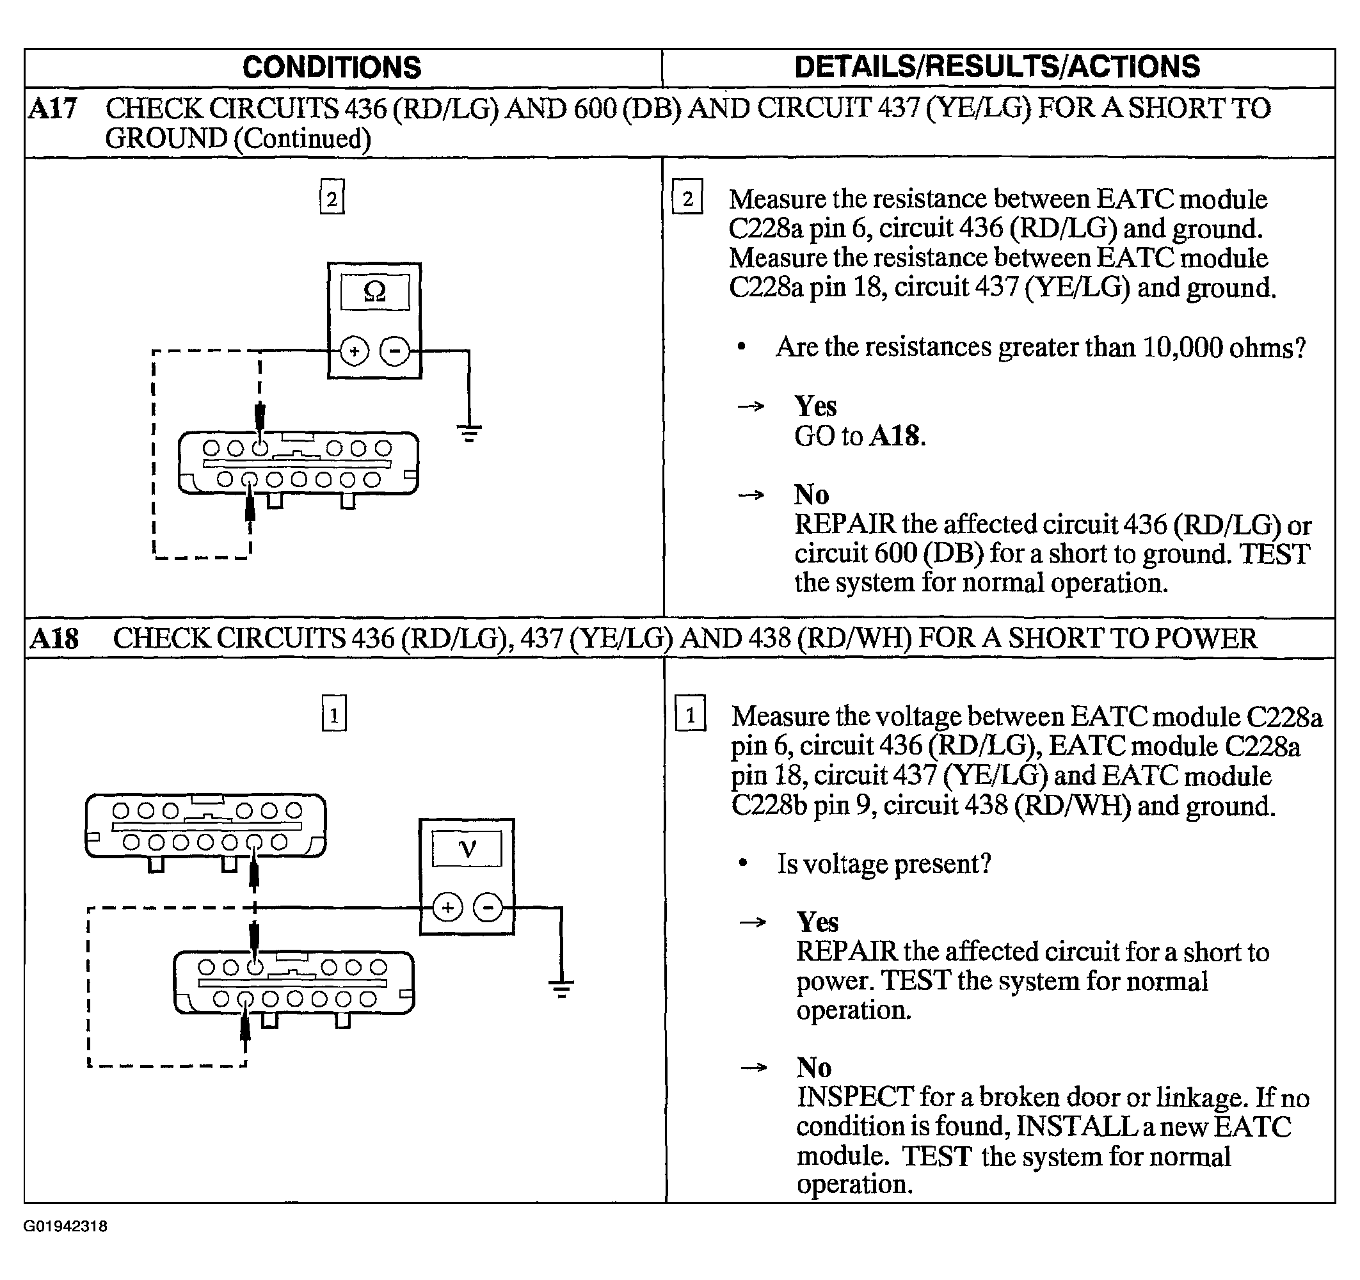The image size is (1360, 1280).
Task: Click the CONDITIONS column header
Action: (332, 68)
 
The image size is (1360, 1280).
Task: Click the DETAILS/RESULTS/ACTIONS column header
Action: (996, 67)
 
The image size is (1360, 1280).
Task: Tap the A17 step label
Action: (52, 109)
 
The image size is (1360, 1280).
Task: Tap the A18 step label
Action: (54, 638)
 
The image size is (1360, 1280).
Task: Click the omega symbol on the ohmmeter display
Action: (375, 292)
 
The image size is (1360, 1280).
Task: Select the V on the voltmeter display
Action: (467, 849)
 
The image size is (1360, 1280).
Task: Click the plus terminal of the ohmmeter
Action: (355, 351)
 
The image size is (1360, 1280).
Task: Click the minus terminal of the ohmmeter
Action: (395, 351)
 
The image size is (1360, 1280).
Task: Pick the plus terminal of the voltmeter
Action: (447, 908)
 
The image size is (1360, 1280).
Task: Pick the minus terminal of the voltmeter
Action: (488, 908)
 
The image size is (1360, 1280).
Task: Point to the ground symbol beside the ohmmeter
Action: (468, 433)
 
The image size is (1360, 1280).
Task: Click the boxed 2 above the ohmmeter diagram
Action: (332, 197)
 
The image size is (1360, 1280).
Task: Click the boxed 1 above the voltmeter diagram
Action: (334, 714)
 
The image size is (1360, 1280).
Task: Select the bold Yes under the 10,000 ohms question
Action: (815, 406)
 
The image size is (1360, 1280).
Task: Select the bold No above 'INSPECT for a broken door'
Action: (814, 1068)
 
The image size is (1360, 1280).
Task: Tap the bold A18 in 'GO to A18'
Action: (897, 436)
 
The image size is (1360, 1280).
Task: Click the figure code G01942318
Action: (66, 1245)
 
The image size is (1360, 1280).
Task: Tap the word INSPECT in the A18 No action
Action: (855, 1097)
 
